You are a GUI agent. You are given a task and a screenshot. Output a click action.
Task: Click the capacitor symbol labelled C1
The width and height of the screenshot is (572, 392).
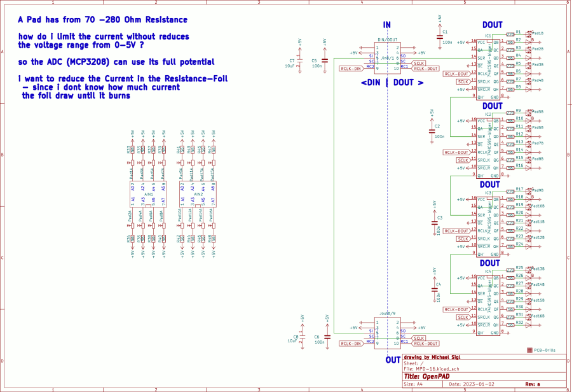click(439, 36)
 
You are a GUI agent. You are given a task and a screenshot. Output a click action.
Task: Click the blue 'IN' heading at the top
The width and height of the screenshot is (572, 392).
click(386, 25)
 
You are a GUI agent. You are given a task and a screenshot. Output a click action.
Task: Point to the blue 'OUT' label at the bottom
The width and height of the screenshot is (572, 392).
click(393, 360)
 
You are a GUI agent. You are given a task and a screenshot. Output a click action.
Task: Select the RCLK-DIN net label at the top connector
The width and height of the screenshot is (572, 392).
click(350, 68)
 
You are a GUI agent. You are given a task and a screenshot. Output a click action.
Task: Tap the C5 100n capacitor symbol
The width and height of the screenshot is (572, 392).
click(324, 61)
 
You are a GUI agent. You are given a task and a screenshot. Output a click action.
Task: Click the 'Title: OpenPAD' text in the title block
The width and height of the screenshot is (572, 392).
click(429, 375)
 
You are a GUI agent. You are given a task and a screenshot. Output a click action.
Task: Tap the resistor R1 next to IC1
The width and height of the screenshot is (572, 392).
click(510, 34)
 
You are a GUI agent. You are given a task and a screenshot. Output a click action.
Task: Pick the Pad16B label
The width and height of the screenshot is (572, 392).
click(538, 316)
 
